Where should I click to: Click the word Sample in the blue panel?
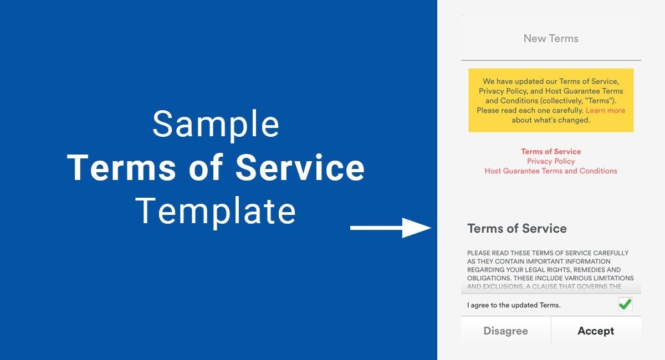216,124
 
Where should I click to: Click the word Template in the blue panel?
216,211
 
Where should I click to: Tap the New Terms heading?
551,38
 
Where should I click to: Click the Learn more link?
605,110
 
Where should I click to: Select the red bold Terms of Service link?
551,151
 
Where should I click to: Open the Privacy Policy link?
551,161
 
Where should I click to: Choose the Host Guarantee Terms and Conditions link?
551,171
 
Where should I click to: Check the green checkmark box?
625,304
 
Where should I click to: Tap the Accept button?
596,331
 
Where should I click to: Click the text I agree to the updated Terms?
514,305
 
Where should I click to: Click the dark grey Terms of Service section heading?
517,229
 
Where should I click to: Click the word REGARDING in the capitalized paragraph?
483,270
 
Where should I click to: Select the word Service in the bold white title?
300,167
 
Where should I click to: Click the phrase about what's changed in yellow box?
551,120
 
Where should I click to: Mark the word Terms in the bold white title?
122,167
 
